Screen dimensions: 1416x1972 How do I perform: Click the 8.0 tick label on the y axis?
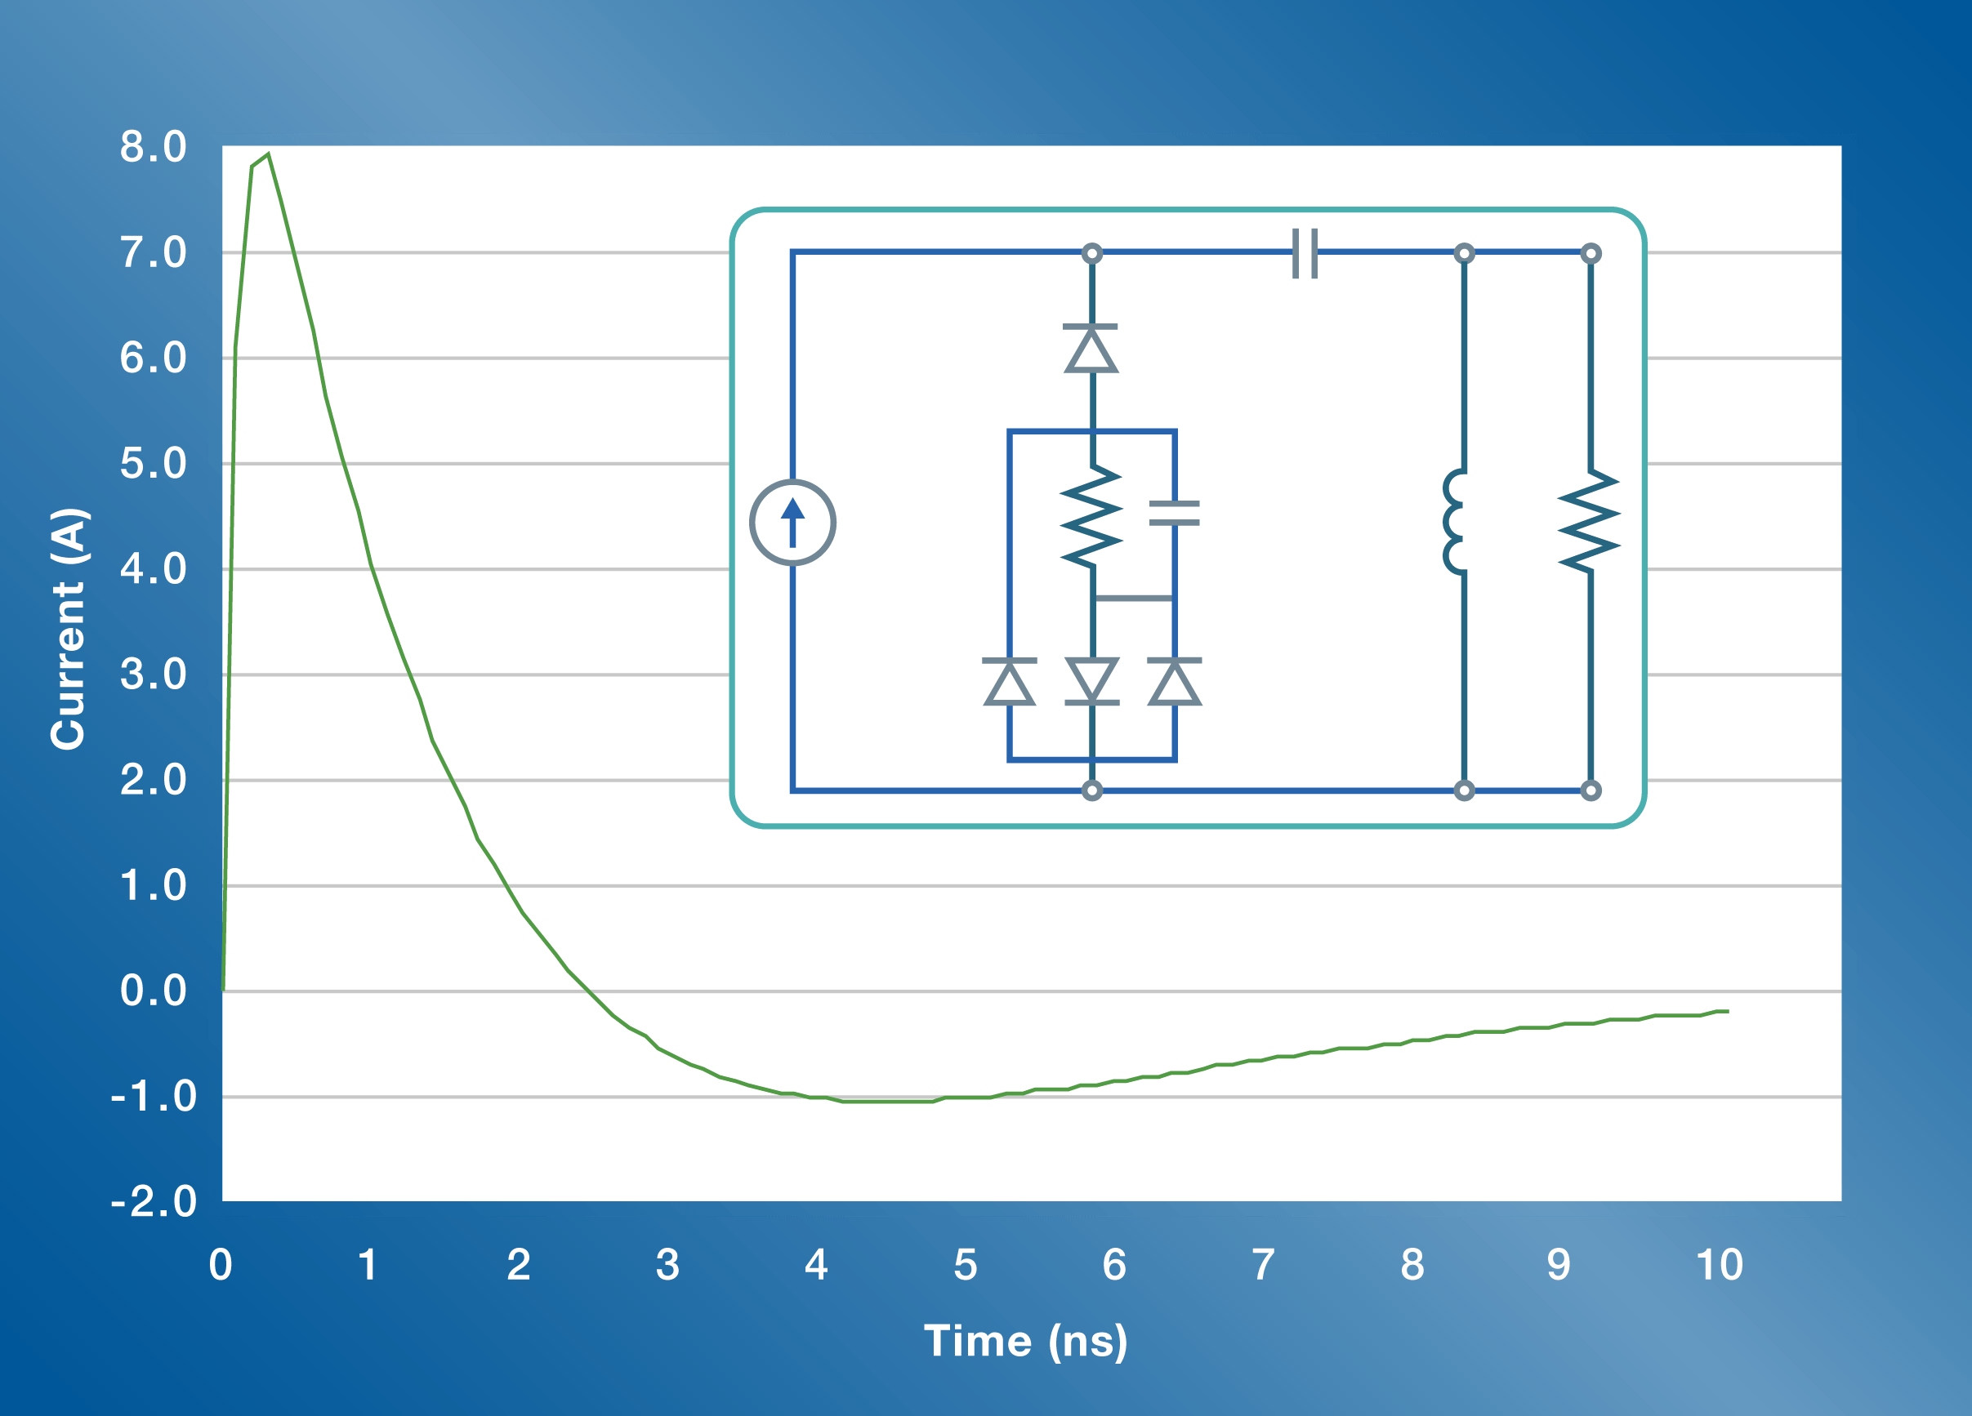[153, 147]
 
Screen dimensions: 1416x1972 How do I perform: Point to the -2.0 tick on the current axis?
[153, 1202]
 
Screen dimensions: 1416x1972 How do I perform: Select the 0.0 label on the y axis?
[153, 991]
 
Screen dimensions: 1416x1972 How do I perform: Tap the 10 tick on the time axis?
[1719, 1265]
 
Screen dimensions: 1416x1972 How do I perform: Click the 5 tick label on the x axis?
[965, 1265]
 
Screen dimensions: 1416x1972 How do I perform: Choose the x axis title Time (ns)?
[1025, 1340]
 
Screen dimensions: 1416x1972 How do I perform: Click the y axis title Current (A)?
[68, 628]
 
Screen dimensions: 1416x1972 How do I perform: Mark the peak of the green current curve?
[268, 154]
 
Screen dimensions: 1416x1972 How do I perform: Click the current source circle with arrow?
[792, 523]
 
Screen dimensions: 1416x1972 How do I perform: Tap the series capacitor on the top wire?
[1305, 253]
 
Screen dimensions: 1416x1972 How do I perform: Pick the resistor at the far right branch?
[1590, 522]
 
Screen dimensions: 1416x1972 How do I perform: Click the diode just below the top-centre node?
[1091, 349]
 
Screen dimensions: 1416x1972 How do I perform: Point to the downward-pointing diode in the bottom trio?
[1092, 680]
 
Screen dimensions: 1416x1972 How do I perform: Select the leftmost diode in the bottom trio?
[1010, 683]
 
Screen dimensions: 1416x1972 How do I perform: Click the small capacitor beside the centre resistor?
[1174, 513]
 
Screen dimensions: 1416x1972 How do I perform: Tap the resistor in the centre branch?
[1092, 517]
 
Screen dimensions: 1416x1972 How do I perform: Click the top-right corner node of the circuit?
[1591, 254]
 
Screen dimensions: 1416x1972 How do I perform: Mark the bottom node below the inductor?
[1464, 790]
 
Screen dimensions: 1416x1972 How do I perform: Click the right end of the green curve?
[1727, 1012]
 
